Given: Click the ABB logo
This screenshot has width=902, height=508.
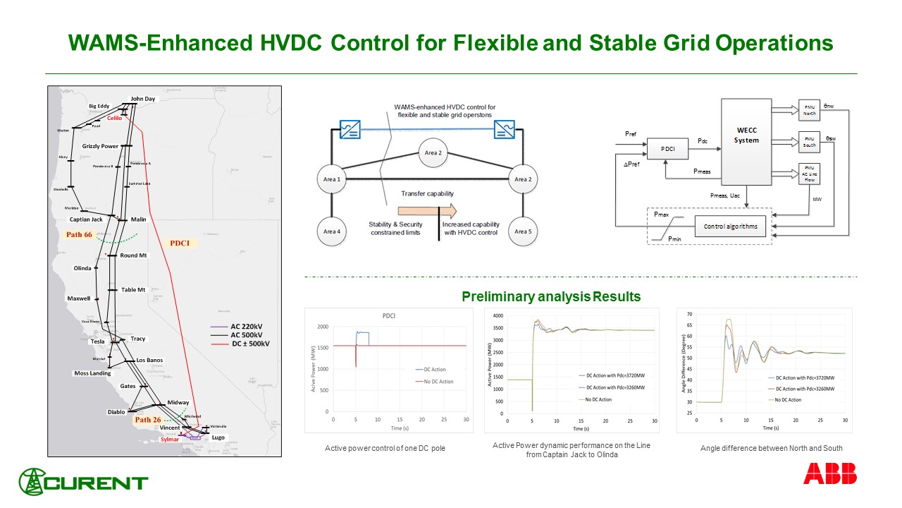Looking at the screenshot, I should [830, 473].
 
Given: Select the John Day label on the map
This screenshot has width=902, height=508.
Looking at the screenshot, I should [142, 99].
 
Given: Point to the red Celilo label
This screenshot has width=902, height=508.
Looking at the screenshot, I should [114, 119].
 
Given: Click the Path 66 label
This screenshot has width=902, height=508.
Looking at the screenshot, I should [78, 234].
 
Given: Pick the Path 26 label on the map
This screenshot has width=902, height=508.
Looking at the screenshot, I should [148, 420].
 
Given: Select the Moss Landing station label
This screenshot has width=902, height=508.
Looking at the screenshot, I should [92, 373].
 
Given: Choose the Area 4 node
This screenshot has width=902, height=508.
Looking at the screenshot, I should [332, 231].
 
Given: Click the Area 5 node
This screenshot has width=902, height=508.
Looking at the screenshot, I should [522, 231].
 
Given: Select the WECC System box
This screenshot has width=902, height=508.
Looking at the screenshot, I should [746, 135].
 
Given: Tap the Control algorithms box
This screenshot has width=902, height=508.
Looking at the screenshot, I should [730, 227].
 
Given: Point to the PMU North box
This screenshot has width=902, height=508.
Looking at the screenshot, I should [810, 110].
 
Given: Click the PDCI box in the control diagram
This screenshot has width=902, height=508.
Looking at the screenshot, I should [667, 150].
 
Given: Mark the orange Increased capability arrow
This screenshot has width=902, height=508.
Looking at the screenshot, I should [427, 210].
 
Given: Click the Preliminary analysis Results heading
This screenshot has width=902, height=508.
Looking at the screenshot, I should [551, 297].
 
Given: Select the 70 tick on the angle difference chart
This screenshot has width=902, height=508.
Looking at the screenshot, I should [688, 314].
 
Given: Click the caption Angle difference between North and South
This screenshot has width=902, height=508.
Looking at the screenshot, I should [771, 448].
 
